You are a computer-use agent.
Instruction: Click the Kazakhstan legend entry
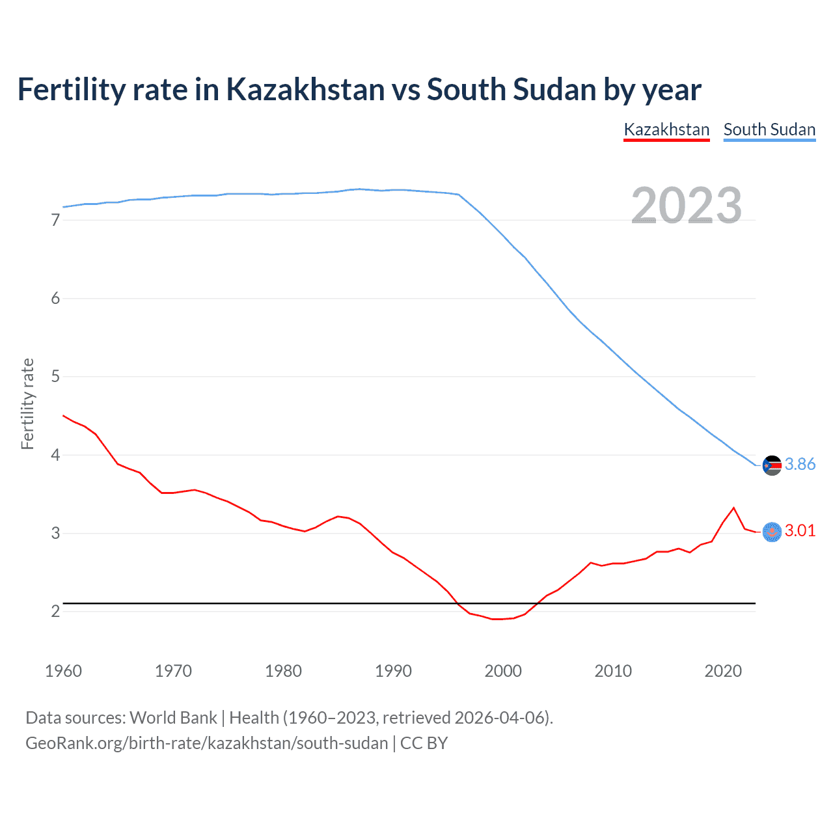(666, 130)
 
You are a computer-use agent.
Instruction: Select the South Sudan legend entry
(769, 130)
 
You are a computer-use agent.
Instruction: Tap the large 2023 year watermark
(687, 206)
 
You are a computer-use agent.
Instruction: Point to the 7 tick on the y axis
(55, 220)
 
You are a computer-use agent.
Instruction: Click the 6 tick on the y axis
(55, 298)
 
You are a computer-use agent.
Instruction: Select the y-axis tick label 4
(55, 455)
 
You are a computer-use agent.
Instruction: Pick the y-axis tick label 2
(55, 611)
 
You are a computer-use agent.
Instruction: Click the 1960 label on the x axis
(63, 671)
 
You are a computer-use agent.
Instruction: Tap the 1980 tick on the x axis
(283, 671)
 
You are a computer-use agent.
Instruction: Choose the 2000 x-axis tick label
(503, 671)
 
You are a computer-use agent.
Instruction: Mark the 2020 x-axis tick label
(723, 671)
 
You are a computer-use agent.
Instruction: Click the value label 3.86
(800, 464)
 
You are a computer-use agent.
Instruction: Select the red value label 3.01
(800, 530)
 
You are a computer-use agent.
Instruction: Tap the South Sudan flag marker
(772, 465)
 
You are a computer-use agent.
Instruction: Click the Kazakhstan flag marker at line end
(772, 532)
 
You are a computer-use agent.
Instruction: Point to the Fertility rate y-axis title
(27, 403)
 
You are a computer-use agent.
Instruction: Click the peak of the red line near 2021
(733, 508)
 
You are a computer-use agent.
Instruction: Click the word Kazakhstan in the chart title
(305, 90)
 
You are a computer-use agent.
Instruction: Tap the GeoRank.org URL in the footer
(206, 743)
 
